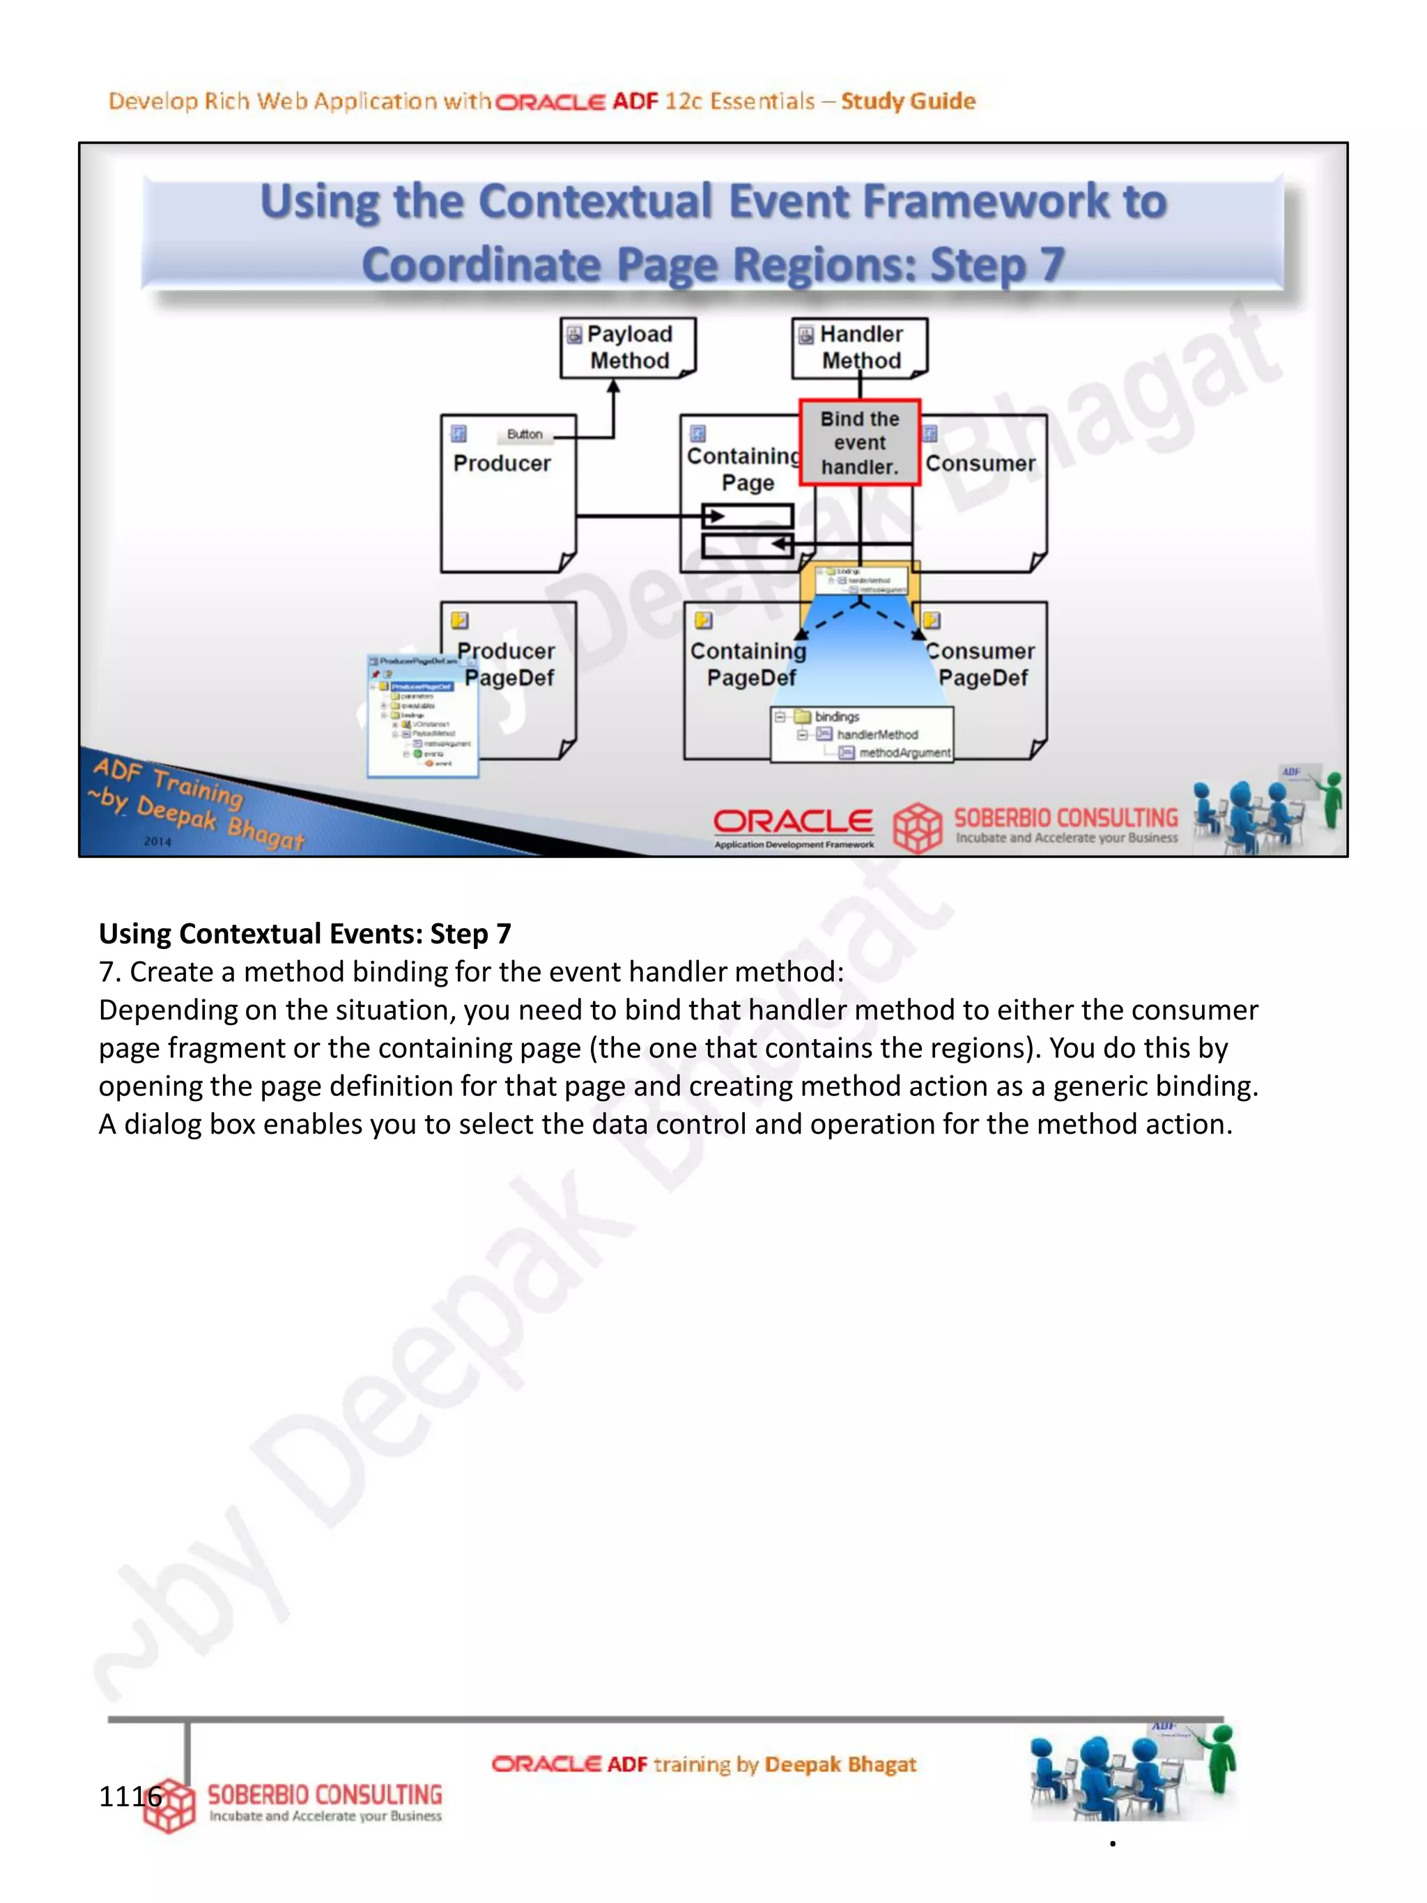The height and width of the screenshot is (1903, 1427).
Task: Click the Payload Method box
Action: coord(628,348)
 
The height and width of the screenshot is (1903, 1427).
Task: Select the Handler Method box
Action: coord(859,348)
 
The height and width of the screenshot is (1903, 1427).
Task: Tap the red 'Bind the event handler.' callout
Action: coord(859,443)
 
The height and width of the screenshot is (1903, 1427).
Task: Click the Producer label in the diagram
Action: coord(502,463)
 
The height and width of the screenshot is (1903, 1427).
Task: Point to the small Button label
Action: coord(524,434)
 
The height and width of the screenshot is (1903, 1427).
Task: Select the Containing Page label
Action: coord(745,469)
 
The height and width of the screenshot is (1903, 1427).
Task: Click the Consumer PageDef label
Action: coord(982,664)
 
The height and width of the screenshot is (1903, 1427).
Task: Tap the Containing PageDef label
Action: coord(748,664)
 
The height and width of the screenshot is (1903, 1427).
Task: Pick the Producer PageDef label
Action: coord(507,664)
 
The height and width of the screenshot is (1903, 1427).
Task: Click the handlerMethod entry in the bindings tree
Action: coord(877,734)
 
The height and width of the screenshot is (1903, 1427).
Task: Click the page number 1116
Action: coord(130,1796)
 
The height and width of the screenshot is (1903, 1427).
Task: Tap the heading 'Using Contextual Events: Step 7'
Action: coord(304,934)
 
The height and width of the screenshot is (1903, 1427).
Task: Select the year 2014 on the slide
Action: coord(157,841)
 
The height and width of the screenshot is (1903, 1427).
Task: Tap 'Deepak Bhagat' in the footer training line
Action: coord(840,1764)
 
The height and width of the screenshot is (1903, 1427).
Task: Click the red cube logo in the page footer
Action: coord(169,1805)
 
